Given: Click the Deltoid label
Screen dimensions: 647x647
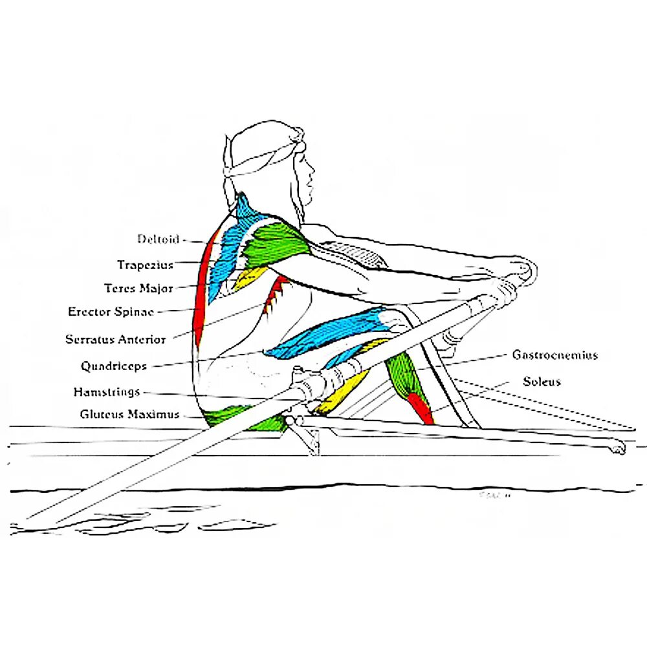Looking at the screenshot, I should click(x=158, y=239).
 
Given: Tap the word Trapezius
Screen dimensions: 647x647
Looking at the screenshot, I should click(x=145, y=265).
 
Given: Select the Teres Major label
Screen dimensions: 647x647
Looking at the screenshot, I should click(x=138, y=289).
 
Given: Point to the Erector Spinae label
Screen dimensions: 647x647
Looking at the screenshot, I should click(x=111, y=312).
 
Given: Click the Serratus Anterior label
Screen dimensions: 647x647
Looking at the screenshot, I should click(x=115, y=339).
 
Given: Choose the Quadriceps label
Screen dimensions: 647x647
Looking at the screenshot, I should click(x=113, y=366).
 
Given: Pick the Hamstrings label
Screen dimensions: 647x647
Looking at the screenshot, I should click(x=107, y=392).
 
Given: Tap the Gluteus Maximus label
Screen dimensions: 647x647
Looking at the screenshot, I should click(x=129, y=414).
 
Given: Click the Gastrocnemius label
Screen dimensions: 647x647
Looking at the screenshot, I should click(x=554, y=355).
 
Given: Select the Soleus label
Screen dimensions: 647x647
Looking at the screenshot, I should click(x=542, y=381).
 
